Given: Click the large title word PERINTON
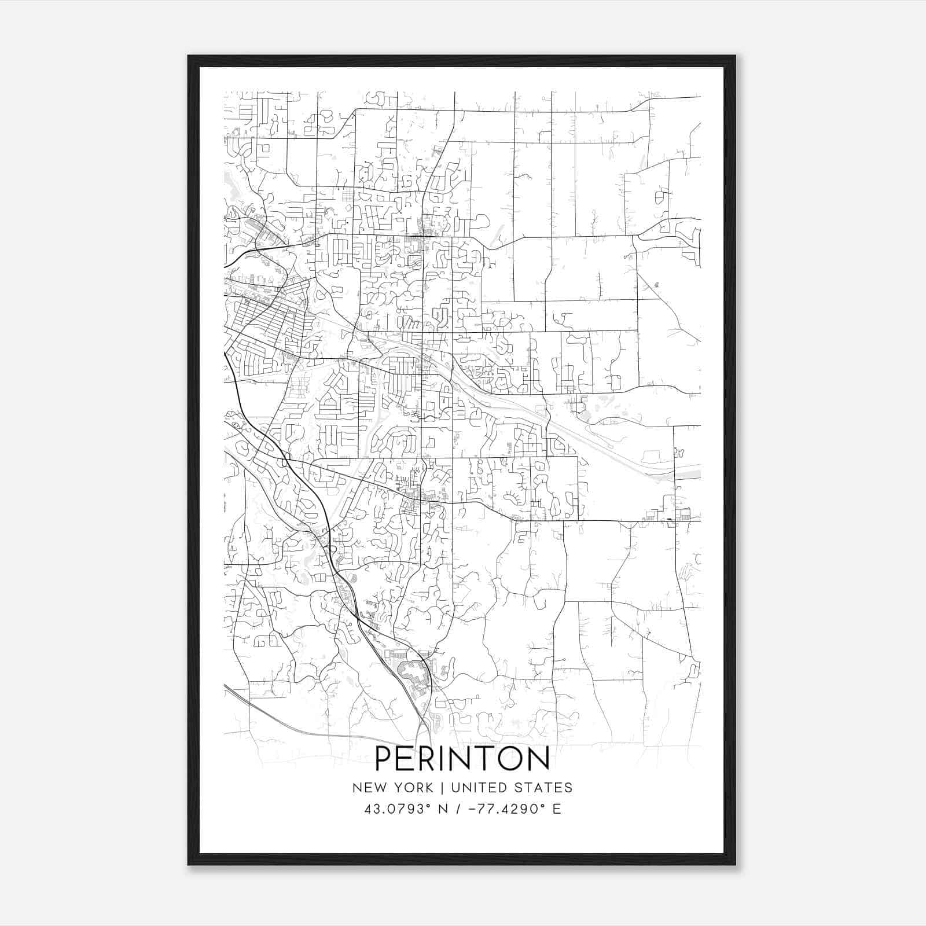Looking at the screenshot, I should click(462, 759).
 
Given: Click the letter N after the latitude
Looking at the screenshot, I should click(443, 809).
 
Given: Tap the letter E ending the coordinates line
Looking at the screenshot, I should click(557, 809).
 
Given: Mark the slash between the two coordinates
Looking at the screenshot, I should click(458, 809).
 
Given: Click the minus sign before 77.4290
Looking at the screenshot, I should click(473, 809).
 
